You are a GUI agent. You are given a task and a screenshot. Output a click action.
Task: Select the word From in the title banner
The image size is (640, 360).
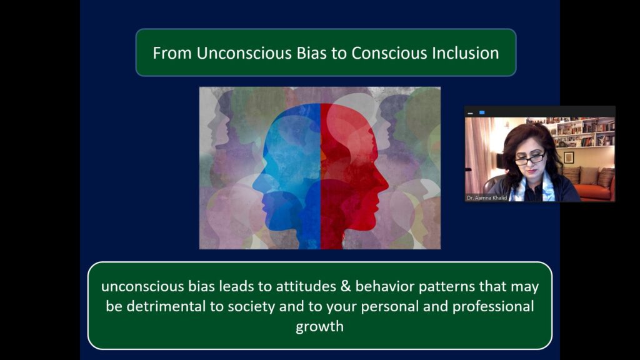172,53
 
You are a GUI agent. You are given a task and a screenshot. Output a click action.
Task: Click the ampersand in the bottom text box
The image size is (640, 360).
345,286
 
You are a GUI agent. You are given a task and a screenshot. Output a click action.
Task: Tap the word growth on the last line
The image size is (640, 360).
319,326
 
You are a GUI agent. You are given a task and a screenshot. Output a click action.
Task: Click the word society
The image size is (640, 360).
251,306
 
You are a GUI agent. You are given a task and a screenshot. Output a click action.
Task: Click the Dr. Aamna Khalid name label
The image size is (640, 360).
487,198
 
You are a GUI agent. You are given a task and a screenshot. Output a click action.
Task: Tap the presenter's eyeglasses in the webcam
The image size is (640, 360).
530,158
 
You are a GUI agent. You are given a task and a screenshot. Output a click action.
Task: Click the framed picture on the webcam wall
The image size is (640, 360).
569,157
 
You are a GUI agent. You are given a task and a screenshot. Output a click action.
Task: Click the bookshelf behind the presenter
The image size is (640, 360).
579,131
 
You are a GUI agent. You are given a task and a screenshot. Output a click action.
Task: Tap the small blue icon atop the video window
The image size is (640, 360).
482,112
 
